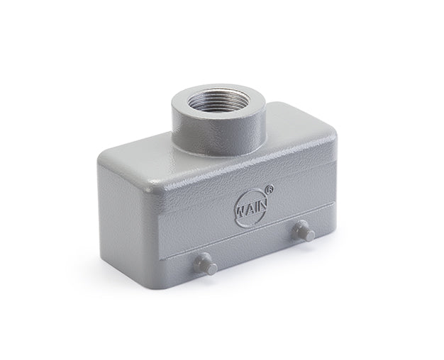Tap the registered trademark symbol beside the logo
[x=270, y=190]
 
